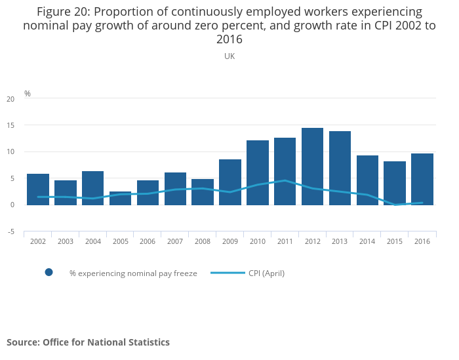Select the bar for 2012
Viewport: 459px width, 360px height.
(312, 167)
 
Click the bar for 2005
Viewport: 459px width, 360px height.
(120, 198)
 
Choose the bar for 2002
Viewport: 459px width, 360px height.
(38, 190)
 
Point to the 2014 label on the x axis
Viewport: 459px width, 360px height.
(367, 241)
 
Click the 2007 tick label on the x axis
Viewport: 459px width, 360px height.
(175, 241)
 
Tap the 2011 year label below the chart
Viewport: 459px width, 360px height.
(285, 241)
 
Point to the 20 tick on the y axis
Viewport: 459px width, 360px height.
(10, 99)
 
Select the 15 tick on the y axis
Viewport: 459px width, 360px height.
(10, 125)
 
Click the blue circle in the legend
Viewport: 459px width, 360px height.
(49, 273)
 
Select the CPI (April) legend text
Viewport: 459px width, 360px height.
(266, 273)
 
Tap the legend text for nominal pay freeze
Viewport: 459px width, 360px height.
(133, 273)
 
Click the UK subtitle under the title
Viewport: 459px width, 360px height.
(229, 56)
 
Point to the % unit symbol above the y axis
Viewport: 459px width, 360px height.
(28, 94)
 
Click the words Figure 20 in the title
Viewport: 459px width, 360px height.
(63, 12)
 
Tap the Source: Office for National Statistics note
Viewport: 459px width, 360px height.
(89, 342)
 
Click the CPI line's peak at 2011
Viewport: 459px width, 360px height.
(285, 180)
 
